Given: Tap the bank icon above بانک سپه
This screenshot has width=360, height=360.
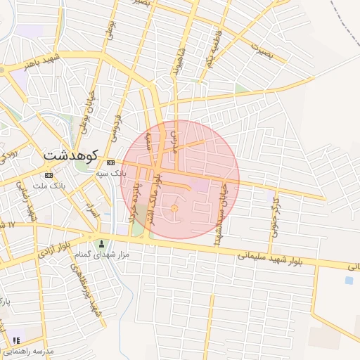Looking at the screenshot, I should [110, 163].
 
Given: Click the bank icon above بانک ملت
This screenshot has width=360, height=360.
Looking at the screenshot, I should [49, 175].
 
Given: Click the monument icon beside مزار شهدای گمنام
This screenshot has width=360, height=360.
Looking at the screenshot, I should [101, 243].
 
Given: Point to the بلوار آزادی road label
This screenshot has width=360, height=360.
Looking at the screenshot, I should [55, 254].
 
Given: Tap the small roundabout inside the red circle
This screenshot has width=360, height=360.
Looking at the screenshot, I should [174, 208].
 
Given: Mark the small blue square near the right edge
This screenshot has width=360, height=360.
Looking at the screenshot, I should [349, 280].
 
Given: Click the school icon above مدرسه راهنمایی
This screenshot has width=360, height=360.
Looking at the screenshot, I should [16, 341].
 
